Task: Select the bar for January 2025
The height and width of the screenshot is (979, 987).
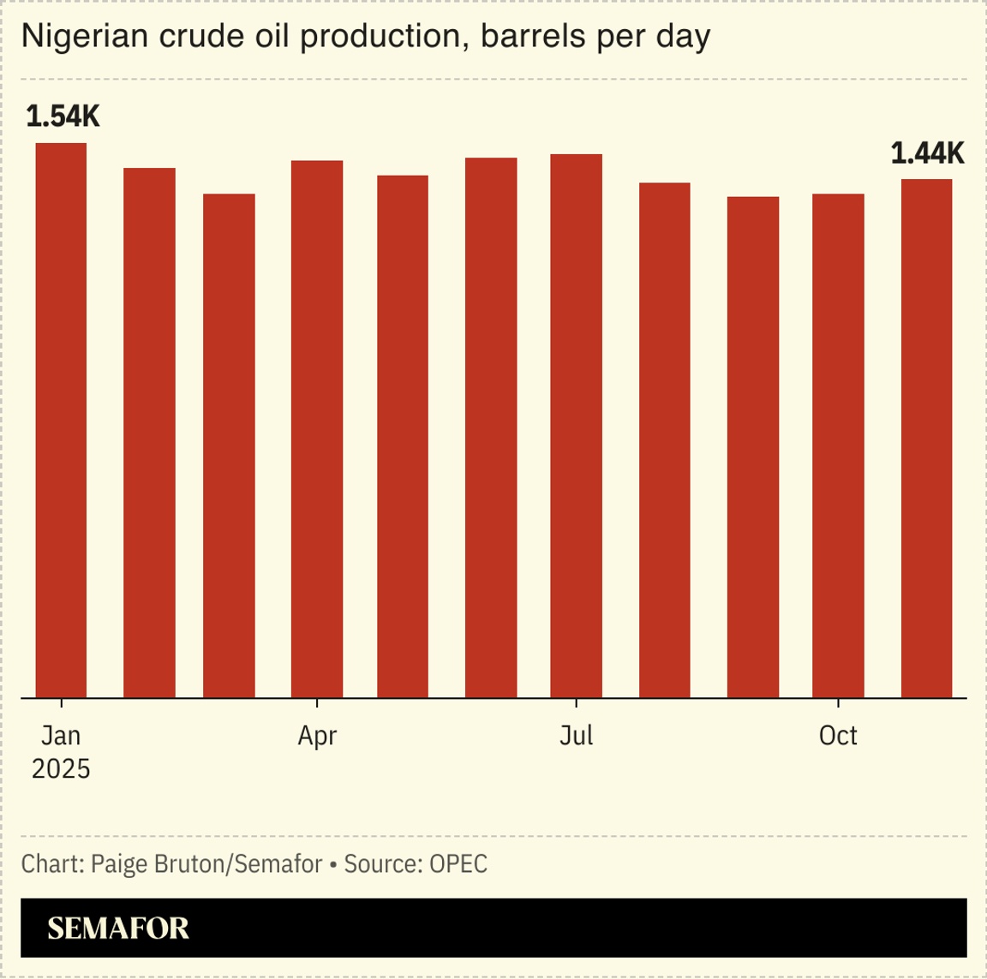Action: pos(61,420)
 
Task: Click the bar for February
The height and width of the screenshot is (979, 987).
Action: pos(149,433)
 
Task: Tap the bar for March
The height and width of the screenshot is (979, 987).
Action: pos(229,445)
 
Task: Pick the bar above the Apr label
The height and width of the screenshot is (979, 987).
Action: pos(317,428)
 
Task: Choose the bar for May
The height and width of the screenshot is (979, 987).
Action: pos(403,436)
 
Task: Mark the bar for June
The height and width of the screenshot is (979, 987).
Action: pos(491,427)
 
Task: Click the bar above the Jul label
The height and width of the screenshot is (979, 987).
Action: pos(576,426)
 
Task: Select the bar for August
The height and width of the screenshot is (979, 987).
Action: pos(665,440)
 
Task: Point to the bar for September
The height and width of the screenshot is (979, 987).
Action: pos(753,447)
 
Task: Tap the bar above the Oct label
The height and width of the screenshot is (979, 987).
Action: pos(838,445)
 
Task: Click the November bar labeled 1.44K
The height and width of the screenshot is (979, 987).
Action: pos(926,438)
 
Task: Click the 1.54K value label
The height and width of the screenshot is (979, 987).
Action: pos(63,116)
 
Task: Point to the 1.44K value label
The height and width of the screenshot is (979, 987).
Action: pos(927,154)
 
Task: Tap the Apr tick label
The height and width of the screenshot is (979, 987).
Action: pos(317,736)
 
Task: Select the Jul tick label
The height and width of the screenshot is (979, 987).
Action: pos(576,736)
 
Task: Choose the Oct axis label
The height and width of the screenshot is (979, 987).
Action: pos(838,736)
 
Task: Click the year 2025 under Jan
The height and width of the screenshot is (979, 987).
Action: pos(61,769)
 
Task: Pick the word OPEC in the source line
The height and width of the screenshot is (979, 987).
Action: pos(458,863)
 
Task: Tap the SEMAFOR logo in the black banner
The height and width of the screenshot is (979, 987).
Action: pos(118,928)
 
